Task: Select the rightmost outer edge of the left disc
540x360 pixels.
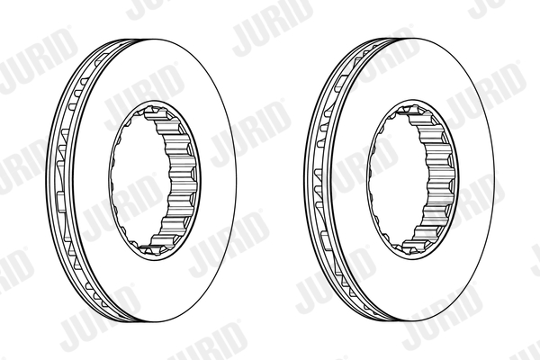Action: (236, 180)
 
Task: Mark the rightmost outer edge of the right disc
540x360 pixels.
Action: (493, 180)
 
